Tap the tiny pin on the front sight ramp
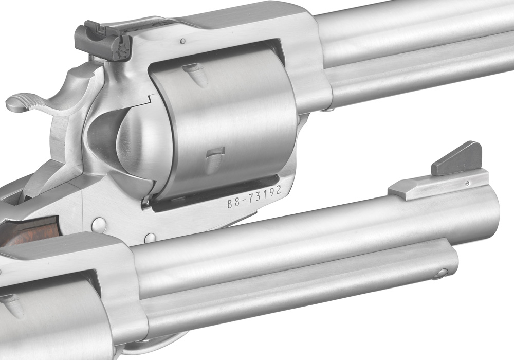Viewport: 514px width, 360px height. pos(467,183)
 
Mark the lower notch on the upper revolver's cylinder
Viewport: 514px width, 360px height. pos(215,160)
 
